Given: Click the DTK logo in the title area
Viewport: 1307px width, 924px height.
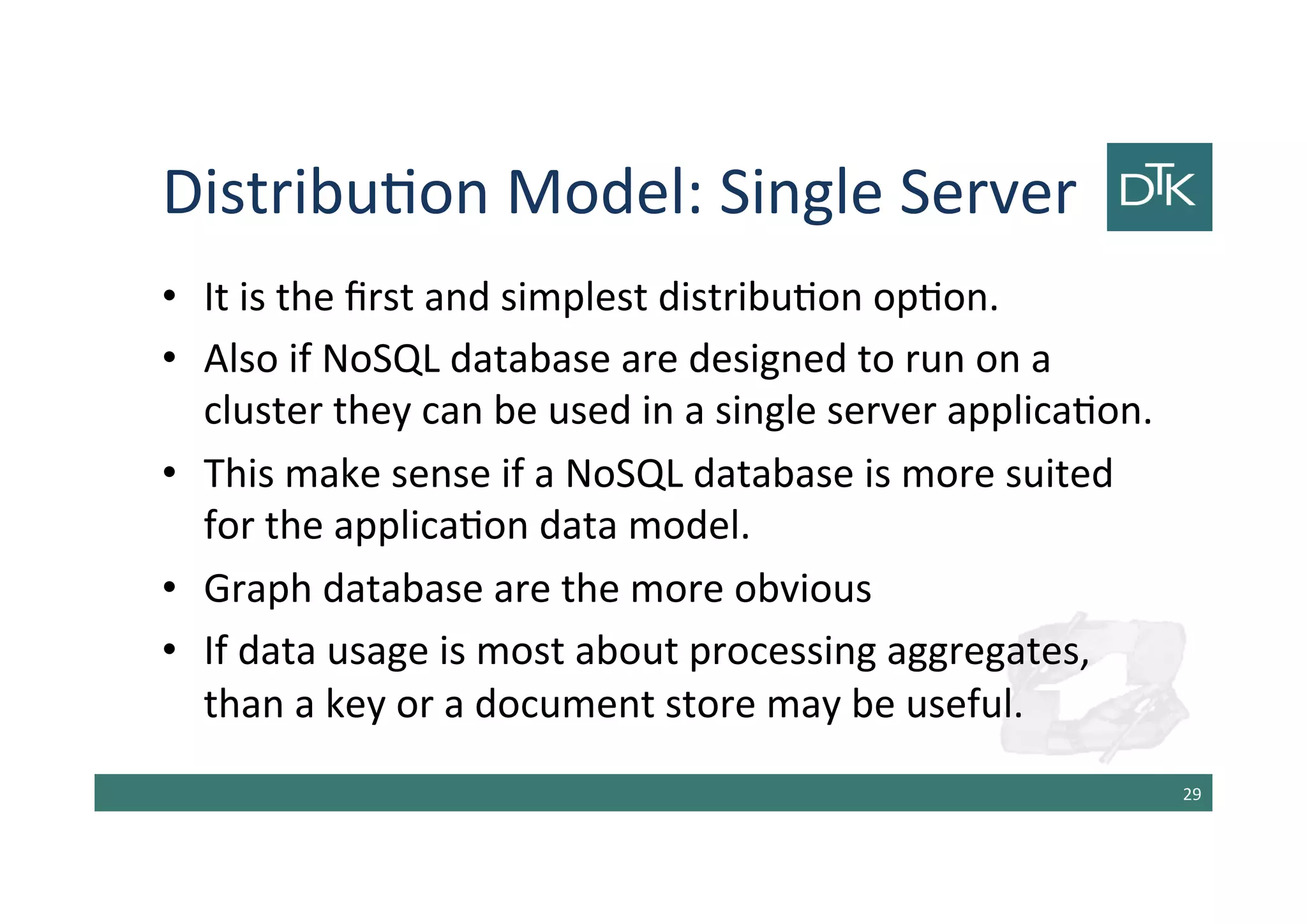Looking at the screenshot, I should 1159,186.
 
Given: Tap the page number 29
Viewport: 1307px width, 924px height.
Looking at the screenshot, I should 1191,794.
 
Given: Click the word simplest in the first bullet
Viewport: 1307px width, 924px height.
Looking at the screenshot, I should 574,298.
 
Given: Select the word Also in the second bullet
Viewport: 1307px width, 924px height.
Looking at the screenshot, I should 241,359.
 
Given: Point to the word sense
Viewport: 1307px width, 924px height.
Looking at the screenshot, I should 441,474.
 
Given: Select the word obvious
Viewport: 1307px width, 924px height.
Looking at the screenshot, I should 803,589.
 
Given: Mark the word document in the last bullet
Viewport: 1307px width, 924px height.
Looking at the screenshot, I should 564,704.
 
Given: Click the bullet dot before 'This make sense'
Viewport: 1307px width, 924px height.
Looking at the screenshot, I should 169,473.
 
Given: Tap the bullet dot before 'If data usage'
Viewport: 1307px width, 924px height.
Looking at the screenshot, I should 169,651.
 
